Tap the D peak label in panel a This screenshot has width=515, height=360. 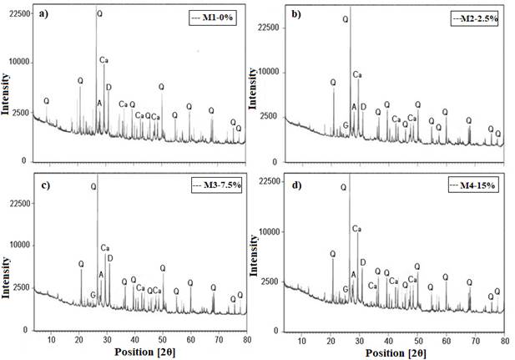point(109,88)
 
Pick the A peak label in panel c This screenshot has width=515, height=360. point(102,275)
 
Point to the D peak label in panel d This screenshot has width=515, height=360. point(362,262)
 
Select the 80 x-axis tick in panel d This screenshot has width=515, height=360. point(504,340)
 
